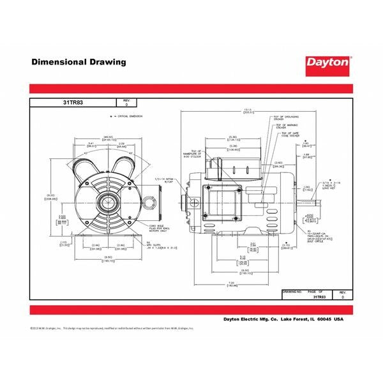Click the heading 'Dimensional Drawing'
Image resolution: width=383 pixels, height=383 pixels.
point(79,63)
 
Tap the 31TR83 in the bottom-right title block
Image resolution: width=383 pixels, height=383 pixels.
point(319,297)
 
